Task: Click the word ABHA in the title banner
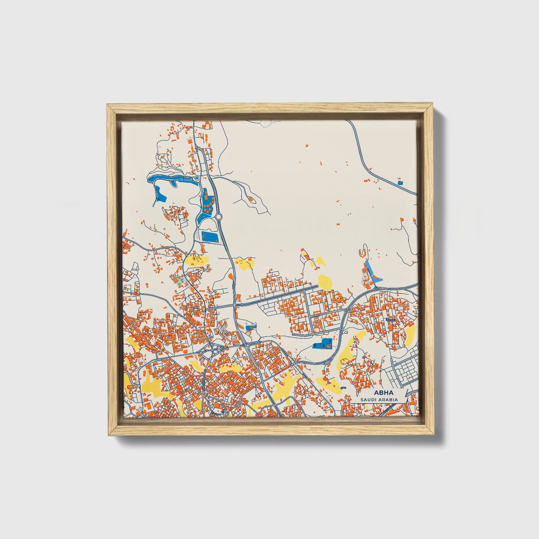[x=380, y=393]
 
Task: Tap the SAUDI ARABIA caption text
[x=379, y=399]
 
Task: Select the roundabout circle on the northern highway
[x=218, y=217]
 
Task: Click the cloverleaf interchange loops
[x=212, y=350]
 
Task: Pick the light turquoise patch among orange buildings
[x=178, y=280]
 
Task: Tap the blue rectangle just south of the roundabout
[x=210, y=236]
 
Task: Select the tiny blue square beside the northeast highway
[x=400, y=183]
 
